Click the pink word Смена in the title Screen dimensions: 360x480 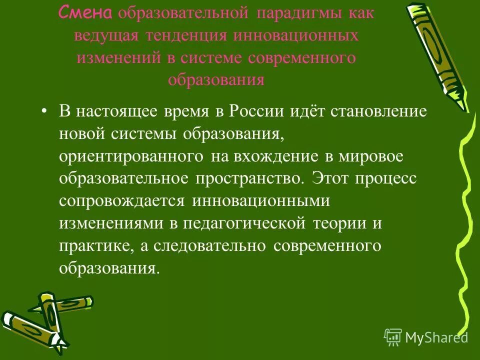click(86, 13)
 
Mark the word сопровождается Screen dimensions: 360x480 click(122, 201)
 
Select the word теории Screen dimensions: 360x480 click(339, 223)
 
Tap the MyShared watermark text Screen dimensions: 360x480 click(436, 337)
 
